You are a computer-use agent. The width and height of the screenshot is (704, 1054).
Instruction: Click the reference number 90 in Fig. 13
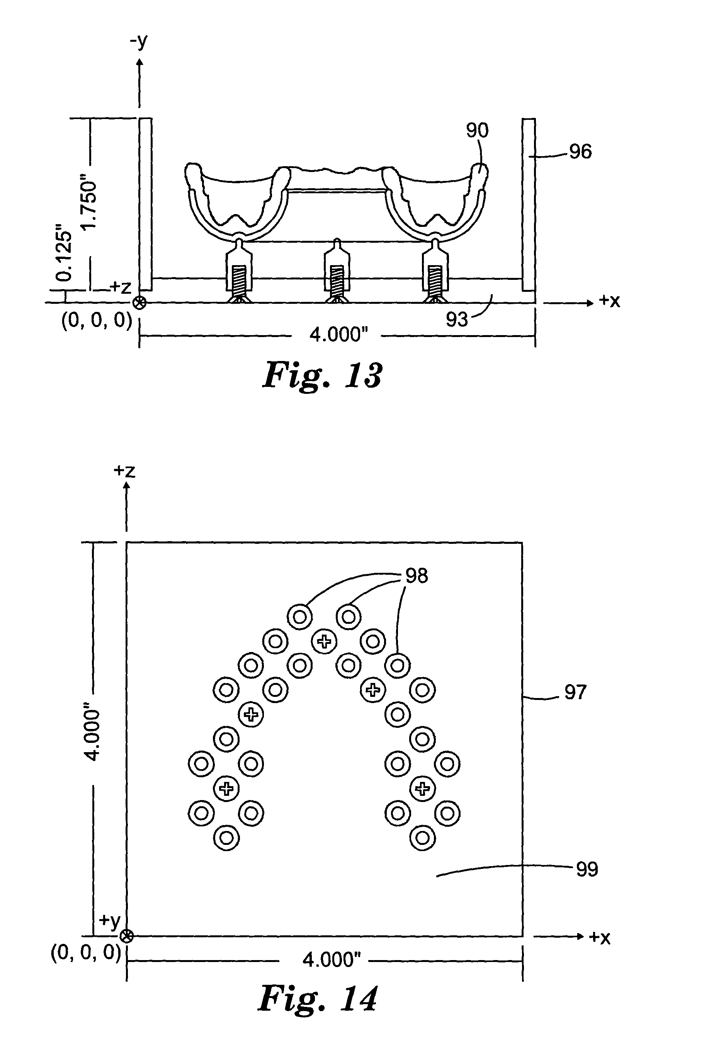tap(477, 130)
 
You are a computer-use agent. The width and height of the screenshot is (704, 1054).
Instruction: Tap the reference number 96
tap(580, 152)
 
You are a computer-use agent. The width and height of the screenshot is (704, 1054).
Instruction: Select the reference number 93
tap(457, 319)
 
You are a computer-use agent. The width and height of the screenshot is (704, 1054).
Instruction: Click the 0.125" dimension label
tap(64, 256)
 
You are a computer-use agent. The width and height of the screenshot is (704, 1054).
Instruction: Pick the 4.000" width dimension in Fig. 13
tap(338, 335)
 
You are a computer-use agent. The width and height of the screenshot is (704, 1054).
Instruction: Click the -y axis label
tap(139, 41)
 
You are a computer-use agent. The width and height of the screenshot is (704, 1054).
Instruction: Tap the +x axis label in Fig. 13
tap(609, 301)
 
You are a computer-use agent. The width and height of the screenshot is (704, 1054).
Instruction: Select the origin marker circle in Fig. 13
tap(140, 303)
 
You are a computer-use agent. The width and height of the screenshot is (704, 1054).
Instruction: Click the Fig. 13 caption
tap(322, 375)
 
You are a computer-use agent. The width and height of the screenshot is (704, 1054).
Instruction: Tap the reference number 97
tap(575, 692)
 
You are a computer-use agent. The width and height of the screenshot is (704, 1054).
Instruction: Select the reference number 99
tap(587, 869)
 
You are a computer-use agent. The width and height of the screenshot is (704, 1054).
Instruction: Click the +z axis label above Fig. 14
tap(124, 471)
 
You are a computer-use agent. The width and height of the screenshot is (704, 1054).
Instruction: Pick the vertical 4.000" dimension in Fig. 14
tap(94, 736)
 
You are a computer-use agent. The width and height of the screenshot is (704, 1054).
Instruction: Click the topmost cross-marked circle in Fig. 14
tap(324, 642)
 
